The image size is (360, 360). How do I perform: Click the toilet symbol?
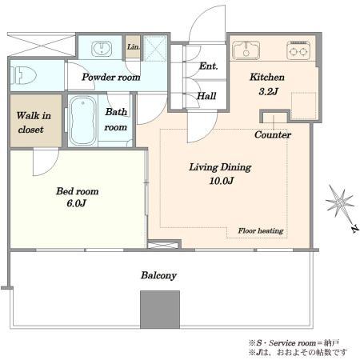coord(23,75)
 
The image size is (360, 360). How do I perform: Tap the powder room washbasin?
coord(102,49)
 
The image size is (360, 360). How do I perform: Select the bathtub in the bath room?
coord(82,121)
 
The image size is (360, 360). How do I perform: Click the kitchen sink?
coord(246,50)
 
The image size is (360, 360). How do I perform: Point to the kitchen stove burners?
coord(298,50)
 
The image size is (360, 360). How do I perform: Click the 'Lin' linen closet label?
coord(133,47)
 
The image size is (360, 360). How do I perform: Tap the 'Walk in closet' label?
coord(34,122)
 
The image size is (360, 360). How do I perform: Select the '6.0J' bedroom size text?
coord(76,203)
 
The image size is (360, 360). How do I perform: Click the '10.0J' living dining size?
coord(222,181)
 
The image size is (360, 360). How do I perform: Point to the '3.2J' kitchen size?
coord(268,91)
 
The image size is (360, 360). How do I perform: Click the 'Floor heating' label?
coord(261,231)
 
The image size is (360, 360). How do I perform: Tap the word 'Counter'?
coord(273,134)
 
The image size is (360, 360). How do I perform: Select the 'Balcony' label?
coord(158,275)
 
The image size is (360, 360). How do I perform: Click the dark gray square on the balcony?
coord(160,310)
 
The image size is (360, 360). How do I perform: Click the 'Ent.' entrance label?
coord(208,66)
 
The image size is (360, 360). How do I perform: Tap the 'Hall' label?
coord(206,96)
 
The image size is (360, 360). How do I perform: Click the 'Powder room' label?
coord(111,77)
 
